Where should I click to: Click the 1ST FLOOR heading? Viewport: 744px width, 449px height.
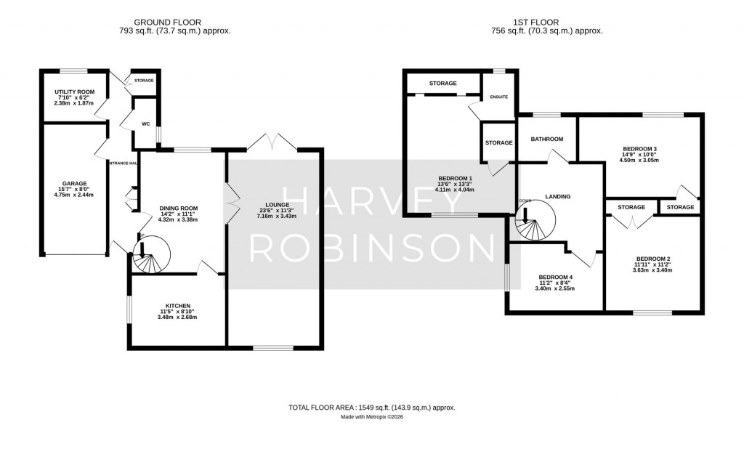point(547,23)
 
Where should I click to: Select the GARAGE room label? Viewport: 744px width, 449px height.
point(74,184)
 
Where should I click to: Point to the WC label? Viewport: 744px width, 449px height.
point(145,124)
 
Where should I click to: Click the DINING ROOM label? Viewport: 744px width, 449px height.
point(179,209)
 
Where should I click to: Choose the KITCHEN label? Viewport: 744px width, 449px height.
point(178,306)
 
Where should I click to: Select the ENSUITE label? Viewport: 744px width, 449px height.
point(499,96)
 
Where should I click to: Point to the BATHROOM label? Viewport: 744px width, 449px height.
point(546,139)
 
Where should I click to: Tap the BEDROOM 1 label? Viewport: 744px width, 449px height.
point(455,179)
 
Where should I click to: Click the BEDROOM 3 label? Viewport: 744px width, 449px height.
point(639,149)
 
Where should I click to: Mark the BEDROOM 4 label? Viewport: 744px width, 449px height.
point(556,277)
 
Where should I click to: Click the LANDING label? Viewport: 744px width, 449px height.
point(558,196)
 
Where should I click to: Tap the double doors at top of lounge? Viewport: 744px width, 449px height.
point(272,142)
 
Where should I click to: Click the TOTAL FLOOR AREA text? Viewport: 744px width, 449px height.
point(371,408)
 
